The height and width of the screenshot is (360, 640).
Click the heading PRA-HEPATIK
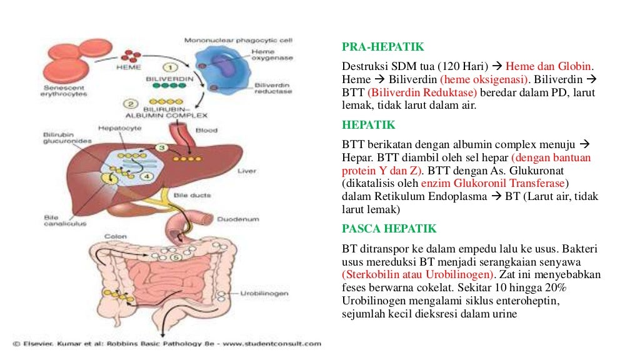pyautogui.click(x=382, y=47)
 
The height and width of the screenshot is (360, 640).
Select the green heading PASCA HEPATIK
pyautogui.click(x=389, y=228)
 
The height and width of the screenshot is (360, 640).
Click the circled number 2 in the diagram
pyautogui.click(x=131, y=104)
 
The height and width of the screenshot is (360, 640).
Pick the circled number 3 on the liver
pyautogui.click(x=161, y=148)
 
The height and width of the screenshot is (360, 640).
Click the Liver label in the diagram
pyautogui.click(x=247, y=169)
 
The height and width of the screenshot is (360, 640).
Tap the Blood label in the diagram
pyautogui.click(x=206, y=131)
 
